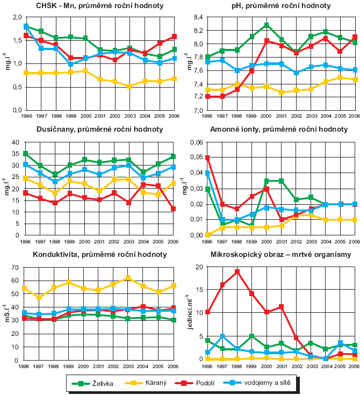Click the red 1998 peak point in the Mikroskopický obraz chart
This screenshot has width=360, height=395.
(x=237, y=271)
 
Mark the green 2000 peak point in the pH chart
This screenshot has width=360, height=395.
(x=267, y=25)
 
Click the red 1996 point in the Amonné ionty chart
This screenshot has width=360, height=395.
(x=208, y=158)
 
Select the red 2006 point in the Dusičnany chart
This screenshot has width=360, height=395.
(x=174, y=209)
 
